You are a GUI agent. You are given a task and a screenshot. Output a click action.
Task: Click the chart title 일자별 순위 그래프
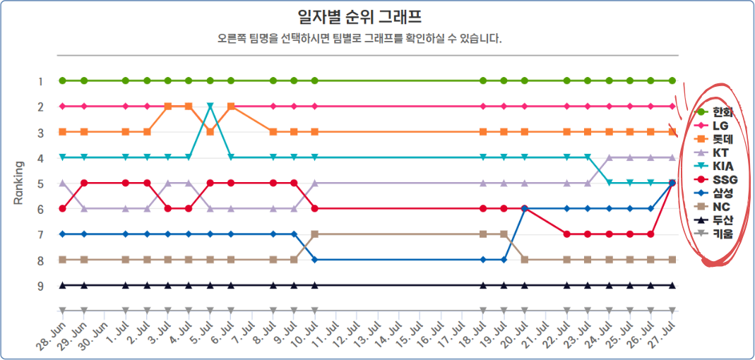pos(361,16)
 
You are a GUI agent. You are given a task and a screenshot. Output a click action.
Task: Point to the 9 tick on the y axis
pos(41,286)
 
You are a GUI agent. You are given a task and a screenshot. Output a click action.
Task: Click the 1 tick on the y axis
pos(41,81)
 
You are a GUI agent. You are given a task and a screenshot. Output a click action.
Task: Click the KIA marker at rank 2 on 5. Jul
pos(210,106)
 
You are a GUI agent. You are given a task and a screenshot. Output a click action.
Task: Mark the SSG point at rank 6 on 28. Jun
pos(63,208)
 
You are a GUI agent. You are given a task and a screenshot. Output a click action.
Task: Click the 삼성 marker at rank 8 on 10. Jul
pos(314,260)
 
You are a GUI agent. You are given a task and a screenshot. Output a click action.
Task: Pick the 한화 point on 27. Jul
pos(672,80)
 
